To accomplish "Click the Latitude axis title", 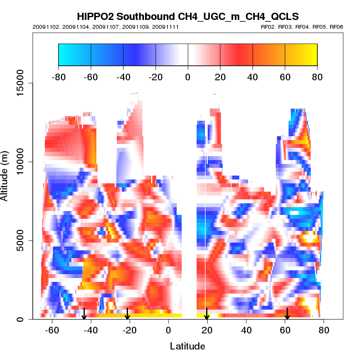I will (x=187, y=347).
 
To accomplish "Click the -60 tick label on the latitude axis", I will (x=52, y=331).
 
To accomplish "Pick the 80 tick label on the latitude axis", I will (x=324, y=331).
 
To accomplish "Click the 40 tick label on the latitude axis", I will (x=246, y=331).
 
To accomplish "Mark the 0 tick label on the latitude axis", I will (x=169, y=331).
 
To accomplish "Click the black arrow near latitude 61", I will (x=287, y=314).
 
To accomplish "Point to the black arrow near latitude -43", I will (x=84, y=314).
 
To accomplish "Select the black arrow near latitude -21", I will (x=128, y=314).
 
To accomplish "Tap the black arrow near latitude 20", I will (x=207, y=314).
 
